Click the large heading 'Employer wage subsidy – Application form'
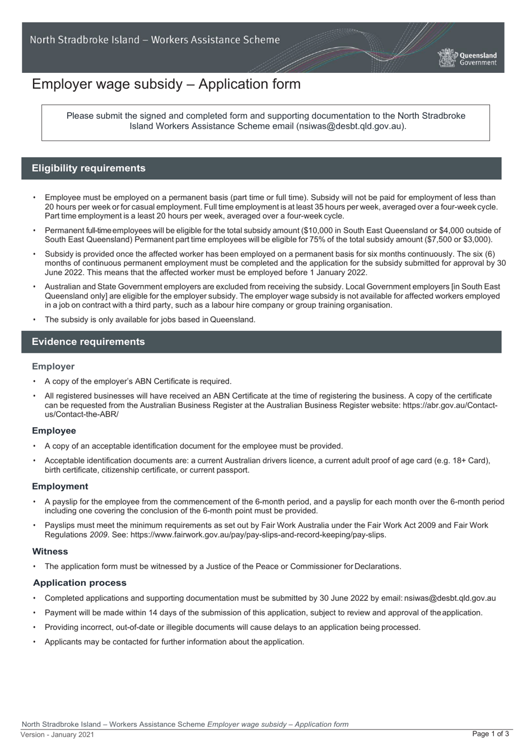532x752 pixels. coord(166,84)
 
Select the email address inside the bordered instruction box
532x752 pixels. coord(350,126)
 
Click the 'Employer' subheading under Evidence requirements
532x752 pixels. coord(53,366)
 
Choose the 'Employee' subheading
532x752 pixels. coord(54,431)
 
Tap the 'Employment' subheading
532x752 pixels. coord(60,486)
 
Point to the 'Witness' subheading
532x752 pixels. coord(50,552)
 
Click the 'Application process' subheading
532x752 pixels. coord(80,583)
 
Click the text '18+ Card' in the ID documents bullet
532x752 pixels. coord(470,461)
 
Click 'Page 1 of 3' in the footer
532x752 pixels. coord(491,734)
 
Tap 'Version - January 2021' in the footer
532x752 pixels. coord(58,735)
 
